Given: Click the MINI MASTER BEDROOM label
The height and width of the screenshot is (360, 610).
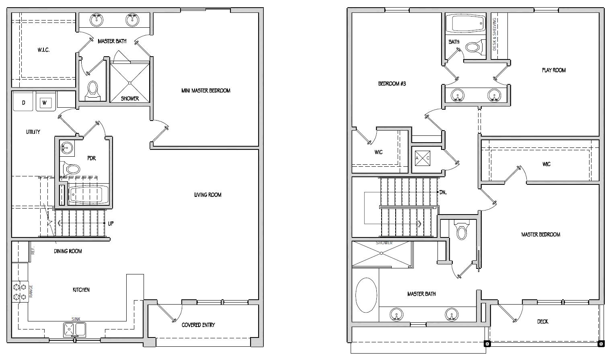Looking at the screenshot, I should (x=205, y=91).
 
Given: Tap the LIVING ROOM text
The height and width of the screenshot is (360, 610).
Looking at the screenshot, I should (x=207, y=195).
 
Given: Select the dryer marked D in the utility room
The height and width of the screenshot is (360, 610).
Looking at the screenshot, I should (x=24, y=102).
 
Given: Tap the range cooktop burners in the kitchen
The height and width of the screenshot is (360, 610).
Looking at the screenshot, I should (x=20, y=292).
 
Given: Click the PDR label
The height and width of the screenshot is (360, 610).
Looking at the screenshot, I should (x=92, y=158).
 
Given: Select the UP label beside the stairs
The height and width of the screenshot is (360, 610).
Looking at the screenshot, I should (x=111, y=223).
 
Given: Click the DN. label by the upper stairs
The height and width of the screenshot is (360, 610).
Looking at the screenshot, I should (x=443, y=192).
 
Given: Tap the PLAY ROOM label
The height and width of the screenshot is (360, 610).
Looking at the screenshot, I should (x=553, y=70).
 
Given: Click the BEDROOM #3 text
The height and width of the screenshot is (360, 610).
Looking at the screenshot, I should (x=392, y=84).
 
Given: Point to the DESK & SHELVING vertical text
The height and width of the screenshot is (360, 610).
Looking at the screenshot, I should (x=495, y=34).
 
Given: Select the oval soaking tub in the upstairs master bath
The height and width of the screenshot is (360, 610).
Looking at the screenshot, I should (x=366, y=295).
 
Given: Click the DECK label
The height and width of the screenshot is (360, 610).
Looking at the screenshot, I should (x=542, y=321).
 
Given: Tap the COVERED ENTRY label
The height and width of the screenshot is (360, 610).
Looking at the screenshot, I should (x=198, y=325).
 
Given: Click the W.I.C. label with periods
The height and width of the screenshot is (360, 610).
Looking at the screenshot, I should (x=43, y=50).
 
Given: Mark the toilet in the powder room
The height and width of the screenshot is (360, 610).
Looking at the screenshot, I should (x=71, y=169).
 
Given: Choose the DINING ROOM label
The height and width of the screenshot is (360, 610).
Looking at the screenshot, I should (x=68, y=251).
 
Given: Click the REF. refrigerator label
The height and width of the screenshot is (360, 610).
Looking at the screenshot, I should (x=33, y=250).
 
